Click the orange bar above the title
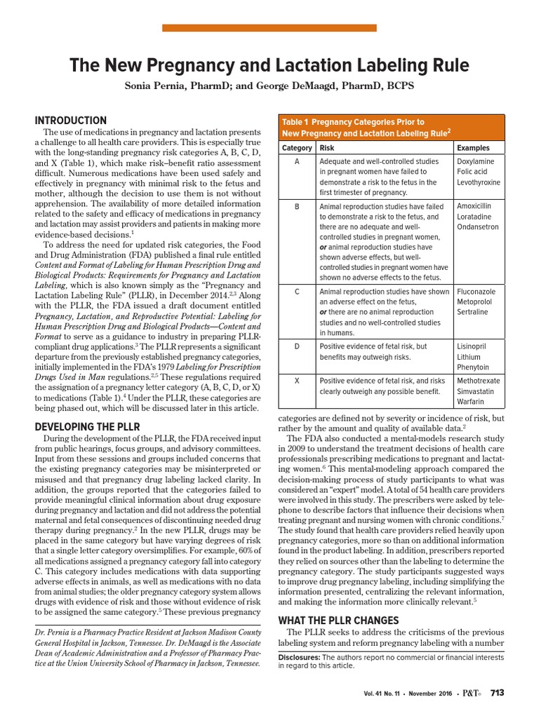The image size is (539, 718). tap(269, 28)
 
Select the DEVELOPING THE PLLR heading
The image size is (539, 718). tap(88, 427)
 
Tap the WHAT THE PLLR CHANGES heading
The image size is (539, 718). tap(329, 621)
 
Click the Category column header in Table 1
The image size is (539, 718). tap(297, 148)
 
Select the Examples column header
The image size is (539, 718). tap(473, 148)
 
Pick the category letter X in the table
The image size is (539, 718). tap(297, 381)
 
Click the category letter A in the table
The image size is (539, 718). tap(297, 161)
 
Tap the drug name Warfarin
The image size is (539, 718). tap(470, 402)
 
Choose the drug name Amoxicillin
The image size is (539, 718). tap(474, 206)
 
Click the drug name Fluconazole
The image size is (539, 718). tap(475, 291)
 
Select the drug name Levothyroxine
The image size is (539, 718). tap(479, 182)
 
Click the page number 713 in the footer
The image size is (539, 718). tap(497, 693)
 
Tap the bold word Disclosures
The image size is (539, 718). tap(299, 657)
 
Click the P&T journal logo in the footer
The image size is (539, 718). tap(472, 693)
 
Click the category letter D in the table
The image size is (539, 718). tap(297, 346)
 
